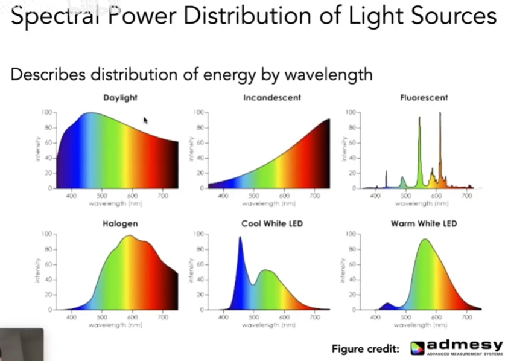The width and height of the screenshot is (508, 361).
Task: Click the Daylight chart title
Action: [120, 98]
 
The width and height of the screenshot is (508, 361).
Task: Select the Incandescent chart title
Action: [271, 98]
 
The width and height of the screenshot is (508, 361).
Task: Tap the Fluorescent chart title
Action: [424, 98]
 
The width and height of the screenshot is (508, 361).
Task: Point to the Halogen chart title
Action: [120, 224]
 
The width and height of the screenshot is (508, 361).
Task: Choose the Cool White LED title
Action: [271, 224]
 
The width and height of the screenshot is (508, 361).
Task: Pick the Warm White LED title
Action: [424, 224]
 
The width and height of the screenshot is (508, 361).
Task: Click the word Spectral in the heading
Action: [51, 16]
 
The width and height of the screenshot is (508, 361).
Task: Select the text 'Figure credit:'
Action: [365, 349]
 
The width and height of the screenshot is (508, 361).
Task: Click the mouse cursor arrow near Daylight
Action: [145, 120]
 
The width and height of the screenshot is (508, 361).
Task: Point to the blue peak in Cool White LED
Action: [240, 238]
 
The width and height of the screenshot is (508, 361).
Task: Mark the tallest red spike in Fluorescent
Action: [440, 115]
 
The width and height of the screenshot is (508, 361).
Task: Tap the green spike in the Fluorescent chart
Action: [419, 120]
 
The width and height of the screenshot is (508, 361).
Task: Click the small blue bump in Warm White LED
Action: [387, 304]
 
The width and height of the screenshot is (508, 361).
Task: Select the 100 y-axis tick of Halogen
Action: [46, 234]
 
